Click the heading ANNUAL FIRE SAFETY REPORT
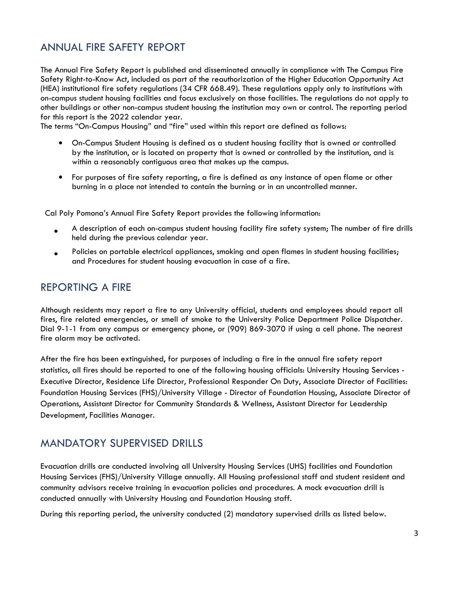(x=113, y=47)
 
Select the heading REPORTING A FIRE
(x=86, y=287)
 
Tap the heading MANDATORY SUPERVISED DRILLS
(x=122, y=443)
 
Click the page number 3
(x=416, y=533)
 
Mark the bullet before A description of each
(x=56, y=231)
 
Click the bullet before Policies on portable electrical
(x=56, y=254)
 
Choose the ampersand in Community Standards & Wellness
(x=236, y=404)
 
